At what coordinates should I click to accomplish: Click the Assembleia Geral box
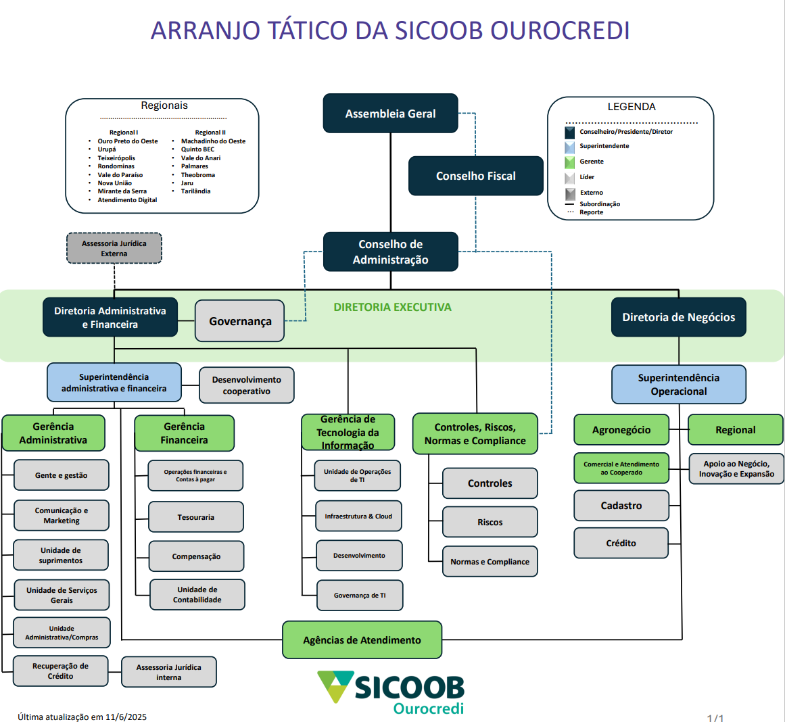390,114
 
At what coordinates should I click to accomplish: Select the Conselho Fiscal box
475,176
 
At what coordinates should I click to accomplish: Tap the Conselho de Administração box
390,251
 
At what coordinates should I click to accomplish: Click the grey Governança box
240,321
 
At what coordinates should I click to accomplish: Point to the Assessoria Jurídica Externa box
114,248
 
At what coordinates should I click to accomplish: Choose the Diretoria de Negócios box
678,317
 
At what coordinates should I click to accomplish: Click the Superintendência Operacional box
678,385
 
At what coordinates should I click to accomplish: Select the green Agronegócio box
621,430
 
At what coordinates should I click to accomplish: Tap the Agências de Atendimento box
362,640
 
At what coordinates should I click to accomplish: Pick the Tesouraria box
195,517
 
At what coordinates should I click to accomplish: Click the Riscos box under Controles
490,522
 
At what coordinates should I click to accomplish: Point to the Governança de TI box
360,596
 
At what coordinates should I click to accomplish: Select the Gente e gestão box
61,475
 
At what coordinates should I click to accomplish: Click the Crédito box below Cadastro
621,543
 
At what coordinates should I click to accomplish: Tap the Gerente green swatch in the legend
570,162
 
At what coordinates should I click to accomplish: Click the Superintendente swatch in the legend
570,147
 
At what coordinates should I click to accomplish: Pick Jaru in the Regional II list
187,183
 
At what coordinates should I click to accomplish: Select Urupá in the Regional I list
107,149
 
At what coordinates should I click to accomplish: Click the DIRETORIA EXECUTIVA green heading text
392,307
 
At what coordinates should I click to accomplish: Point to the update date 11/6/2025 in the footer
126,717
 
